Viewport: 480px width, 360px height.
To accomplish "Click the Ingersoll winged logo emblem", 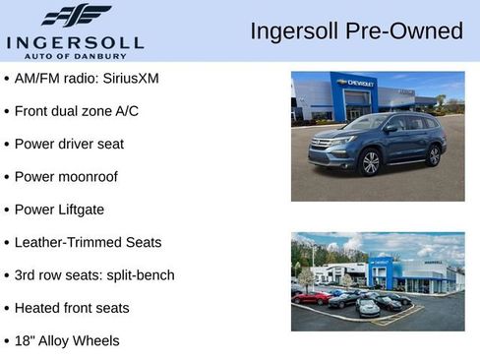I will tap(77, 16).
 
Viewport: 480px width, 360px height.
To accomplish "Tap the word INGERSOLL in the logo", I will tap(75, 42).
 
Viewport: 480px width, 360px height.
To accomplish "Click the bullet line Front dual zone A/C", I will tap(77, 111).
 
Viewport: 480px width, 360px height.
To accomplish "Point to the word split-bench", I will tap(139, 275).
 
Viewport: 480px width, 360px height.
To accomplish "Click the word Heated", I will tap(37, 308).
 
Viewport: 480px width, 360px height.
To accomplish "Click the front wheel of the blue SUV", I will tap(371, 162).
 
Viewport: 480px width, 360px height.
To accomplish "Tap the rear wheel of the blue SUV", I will tap(434, 154).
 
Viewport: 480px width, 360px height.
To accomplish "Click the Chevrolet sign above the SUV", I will tap(354, 84).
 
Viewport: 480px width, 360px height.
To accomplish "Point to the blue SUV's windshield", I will tap(367, 123).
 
